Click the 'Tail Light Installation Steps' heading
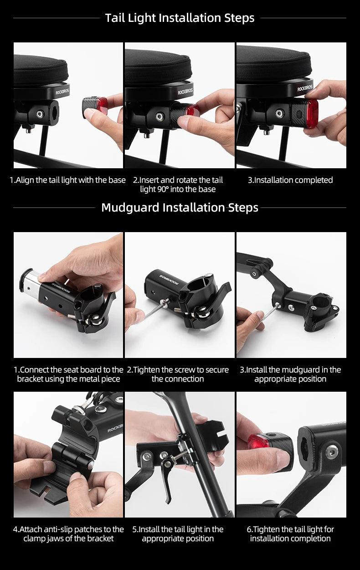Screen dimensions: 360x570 [180, 18]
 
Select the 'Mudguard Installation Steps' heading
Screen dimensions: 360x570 [180, 207]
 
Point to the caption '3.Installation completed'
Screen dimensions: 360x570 [290, 180]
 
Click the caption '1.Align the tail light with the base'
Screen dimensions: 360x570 [67, 180]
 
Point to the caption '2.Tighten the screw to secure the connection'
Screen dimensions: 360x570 [178, 374]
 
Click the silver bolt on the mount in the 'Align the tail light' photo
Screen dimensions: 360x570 [40, 114]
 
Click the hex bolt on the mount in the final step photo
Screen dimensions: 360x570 [332, 452]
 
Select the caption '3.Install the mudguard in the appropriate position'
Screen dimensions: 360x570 [290, 374]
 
